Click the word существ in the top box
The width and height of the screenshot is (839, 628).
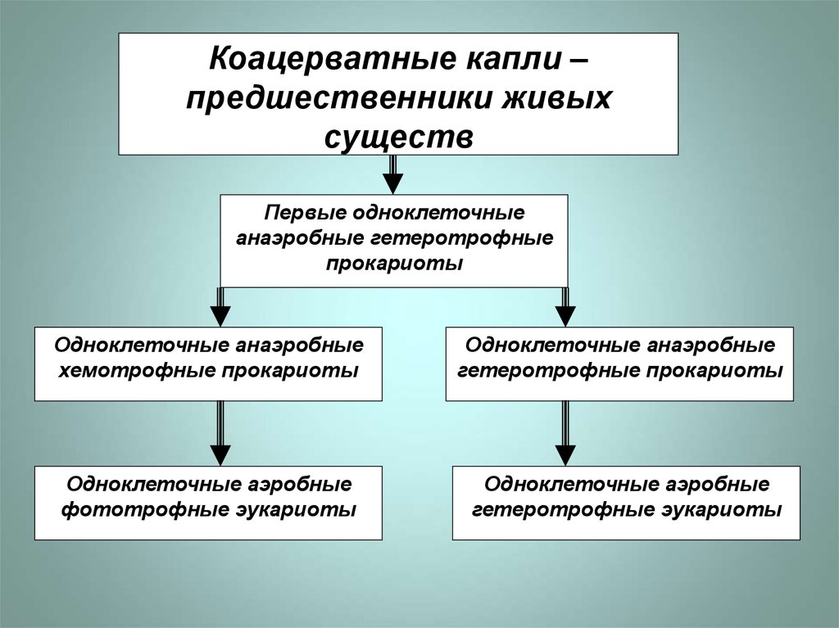point(398,135)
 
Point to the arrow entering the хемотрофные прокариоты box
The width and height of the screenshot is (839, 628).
point(220,308)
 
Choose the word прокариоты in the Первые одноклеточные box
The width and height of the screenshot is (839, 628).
point(394,263)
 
